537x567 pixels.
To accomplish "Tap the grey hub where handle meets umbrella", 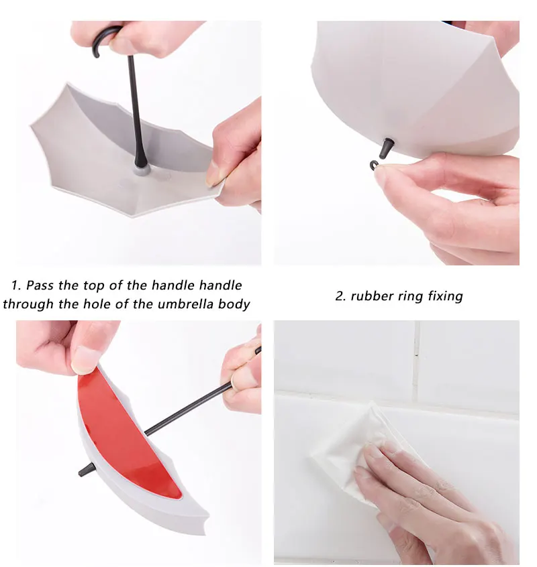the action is pos(142,170).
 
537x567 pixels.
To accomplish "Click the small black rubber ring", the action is pos(374,166).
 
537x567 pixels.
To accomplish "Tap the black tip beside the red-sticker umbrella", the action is pos(87,470).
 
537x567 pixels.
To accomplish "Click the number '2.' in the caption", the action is pos(341,296).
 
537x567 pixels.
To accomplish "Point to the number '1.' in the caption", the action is pos(16,286).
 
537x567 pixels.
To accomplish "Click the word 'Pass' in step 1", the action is pos(40,286).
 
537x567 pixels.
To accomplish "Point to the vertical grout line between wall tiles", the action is pos(416,362).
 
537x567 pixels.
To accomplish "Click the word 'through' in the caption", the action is pos(28,305).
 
